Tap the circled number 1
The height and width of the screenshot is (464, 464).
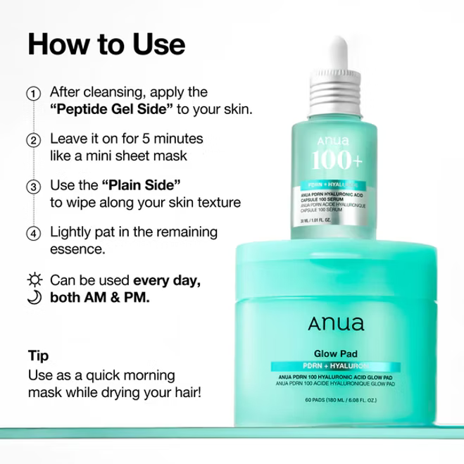pyautogui.click(x=32, y=93)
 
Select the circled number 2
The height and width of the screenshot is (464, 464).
pyautogui.click(x=32, y=139)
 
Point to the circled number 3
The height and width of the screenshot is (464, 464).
pyautogui.click(x=32, y=187)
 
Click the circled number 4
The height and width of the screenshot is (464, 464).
pyautogui.click(x=32, y=233)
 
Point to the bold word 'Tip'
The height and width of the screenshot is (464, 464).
pyautogui.click(x=38, y=355)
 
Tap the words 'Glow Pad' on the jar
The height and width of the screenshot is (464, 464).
pyautogui.click(x=334, y=354)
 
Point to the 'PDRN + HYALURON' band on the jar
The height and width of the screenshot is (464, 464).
pyautogui.click(x=334, y=368)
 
